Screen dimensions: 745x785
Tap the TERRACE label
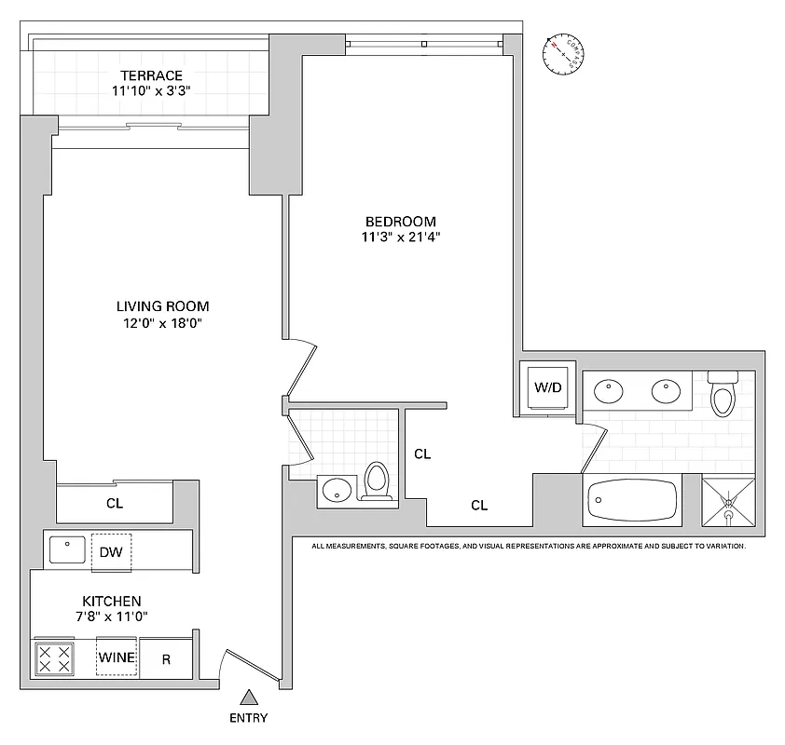tap(150, 75)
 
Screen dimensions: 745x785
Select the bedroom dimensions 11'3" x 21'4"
tap(401, 237)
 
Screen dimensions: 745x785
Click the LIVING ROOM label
tap(162, 306)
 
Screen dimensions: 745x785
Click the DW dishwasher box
tap(111, 551)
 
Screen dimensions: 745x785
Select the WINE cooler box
tap(117, 658)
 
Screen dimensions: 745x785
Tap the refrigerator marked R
tap(166, 658)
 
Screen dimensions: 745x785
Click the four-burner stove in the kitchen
tap(53, 659)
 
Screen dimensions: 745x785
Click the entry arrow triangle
tap(249, 696)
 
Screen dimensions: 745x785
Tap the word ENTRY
tap(248, 718)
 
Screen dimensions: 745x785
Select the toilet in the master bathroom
tap(723, 395)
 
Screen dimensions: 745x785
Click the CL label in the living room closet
tap(115, 504)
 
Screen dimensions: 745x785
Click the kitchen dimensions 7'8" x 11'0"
tap(111, 616)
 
